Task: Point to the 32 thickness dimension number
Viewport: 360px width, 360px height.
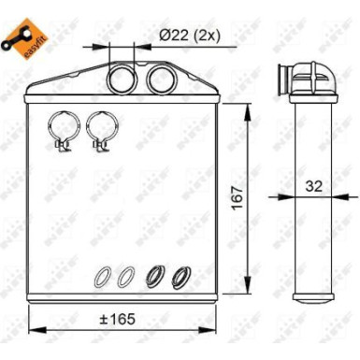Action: click(316, 186)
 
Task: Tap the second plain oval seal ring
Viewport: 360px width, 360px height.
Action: click(124, 276)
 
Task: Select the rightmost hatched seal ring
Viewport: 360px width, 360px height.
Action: click(180, 276)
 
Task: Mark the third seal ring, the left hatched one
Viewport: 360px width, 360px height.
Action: click(155, 276)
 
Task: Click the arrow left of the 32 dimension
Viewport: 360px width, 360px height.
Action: click(282, 195)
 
